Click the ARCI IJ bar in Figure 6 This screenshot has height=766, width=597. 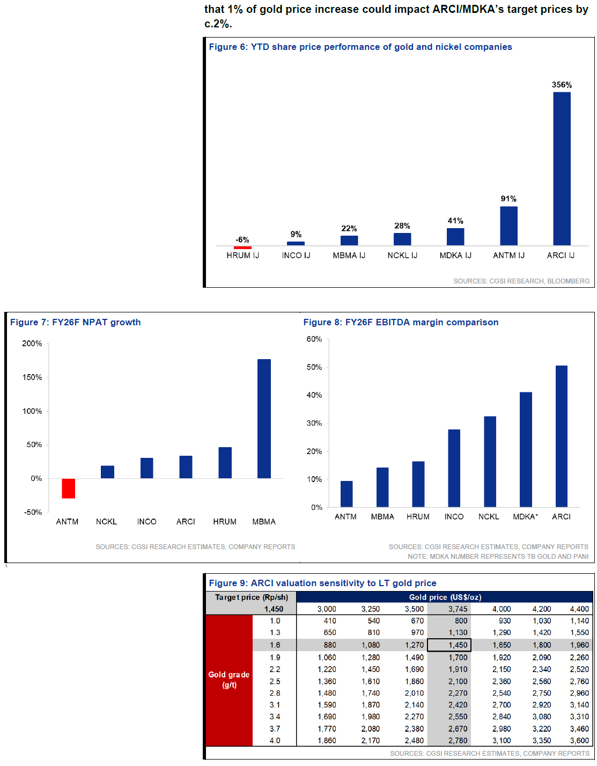[562, 169]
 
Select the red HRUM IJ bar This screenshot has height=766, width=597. [242, 247]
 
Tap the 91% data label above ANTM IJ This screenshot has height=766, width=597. [508, 199]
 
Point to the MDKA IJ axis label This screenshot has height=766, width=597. [455, 256]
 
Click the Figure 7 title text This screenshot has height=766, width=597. [76, 322]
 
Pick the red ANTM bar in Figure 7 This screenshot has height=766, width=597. [68, 488]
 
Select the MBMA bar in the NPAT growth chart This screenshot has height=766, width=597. [264, 419]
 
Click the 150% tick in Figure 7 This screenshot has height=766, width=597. [32, 377]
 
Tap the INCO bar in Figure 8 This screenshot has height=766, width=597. [454, 468]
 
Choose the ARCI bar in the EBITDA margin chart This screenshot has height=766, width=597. [561, 436]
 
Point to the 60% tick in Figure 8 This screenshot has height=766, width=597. [314, 339]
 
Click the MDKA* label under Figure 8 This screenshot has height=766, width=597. [525, 516]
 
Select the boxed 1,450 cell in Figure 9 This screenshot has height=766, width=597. [449, 645]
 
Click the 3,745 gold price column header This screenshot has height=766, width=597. [458, 609]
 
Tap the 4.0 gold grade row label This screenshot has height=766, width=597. [275, 740]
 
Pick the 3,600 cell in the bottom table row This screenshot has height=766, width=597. [579, 740]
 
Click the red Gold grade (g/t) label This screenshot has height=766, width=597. [229, 680]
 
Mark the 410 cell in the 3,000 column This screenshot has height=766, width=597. [330, 621]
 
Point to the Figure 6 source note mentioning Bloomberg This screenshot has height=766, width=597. [521, 281]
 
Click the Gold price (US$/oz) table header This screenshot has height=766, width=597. [445, 597]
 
